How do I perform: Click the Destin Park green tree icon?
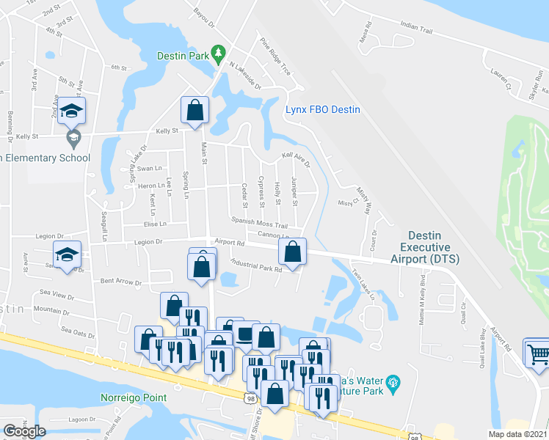(x=218, y=53)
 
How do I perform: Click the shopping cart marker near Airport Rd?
(x=537, y=353)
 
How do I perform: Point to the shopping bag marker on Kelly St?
(x=195, y=111)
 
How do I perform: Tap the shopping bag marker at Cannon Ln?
(x=292, y=252)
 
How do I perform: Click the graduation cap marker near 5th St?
(x=71, y=111)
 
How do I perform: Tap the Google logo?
(x=23, y=431)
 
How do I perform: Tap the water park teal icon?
(x=394, y=381)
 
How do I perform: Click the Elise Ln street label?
(x=155, y=224)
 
